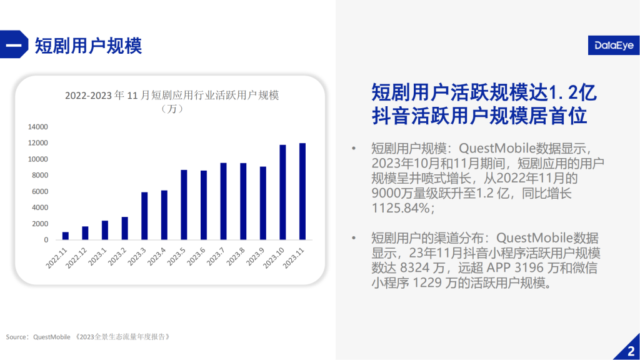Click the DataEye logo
[x=612, y=45]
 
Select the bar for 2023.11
[x=302, y=191]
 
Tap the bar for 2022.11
[x=65, y=236]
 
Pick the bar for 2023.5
[x=184, y=204]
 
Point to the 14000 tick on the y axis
[x=37, y=127]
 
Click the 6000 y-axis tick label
[x=39, y=191]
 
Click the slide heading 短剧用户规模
[x=89, y=46]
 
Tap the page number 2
[x=630, y=350]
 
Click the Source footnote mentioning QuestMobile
[x=88, y=337]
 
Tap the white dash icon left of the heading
[x=13, y=46]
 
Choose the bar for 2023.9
[x=263, y=203]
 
